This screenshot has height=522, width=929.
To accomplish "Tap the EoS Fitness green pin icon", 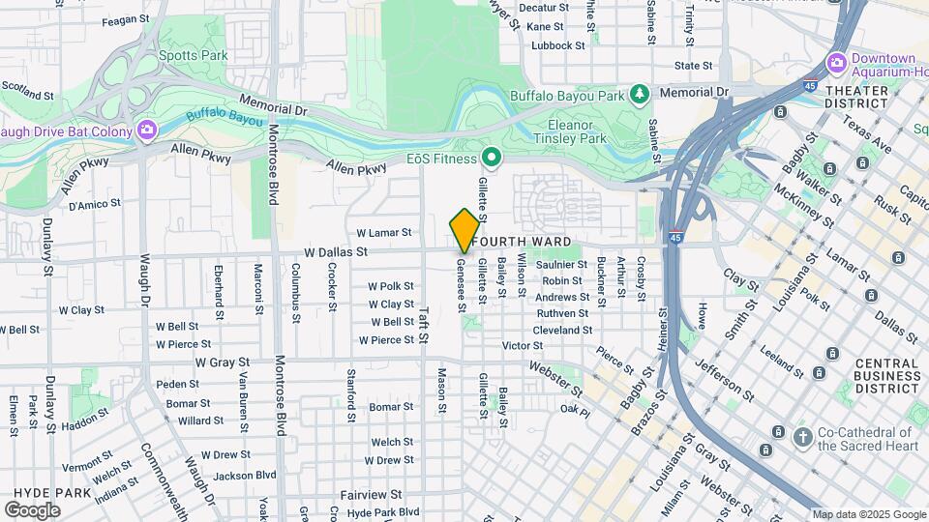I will coord(492,157).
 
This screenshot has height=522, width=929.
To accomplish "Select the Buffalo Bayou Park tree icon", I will coord(639,94).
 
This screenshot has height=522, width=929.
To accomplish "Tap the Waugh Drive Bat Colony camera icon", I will coord(146,130).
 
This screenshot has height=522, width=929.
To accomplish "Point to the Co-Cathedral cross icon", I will coord(802,438).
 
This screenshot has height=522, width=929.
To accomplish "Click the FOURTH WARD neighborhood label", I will coord(531,241).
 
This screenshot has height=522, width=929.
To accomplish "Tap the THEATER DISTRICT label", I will coord(856,98).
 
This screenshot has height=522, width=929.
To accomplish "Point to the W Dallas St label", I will coord(336,251).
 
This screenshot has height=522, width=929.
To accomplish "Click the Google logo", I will coord(33,509).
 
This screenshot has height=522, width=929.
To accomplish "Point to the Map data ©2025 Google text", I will coord(867,514).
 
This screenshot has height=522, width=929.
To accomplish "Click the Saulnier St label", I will coord(562,264).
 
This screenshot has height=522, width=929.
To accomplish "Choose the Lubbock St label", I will coord(558,44).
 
